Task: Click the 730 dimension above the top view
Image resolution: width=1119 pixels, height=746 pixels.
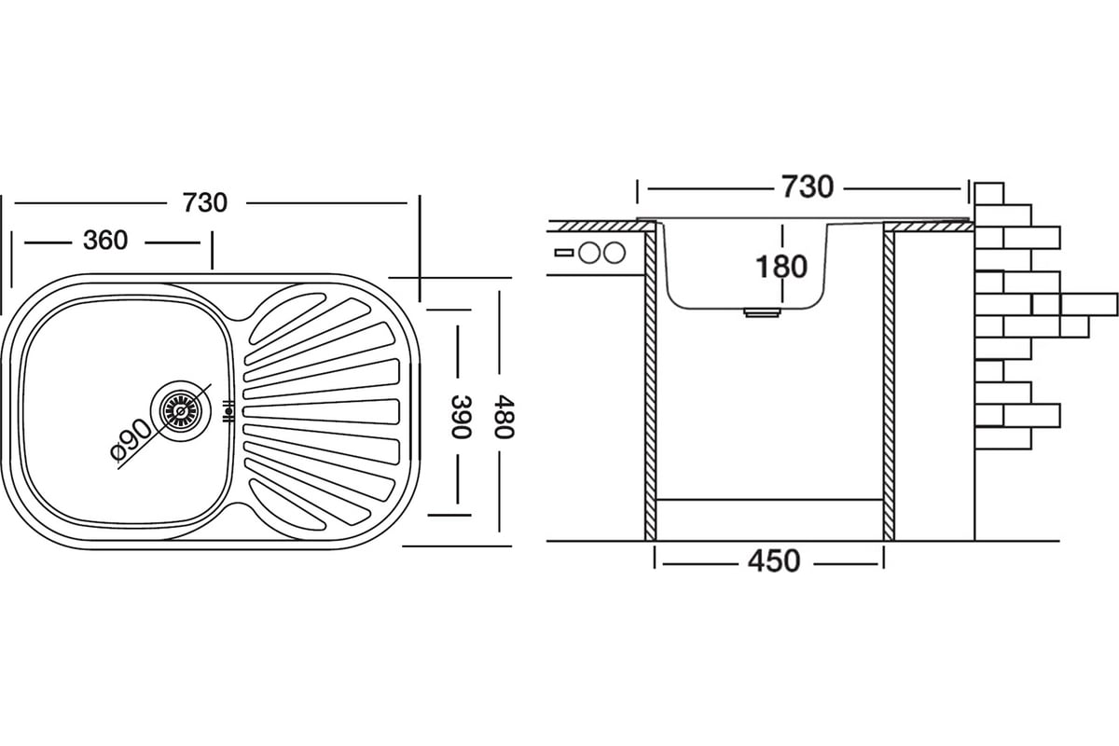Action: coord(205,202)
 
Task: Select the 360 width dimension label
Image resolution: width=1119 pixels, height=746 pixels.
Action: coord(105,241)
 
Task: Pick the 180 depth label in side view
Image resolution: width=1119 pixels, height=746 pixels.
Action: coord(781,267)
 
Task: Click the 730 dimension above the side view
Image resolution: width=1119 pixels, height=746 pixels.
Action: coord(807,187)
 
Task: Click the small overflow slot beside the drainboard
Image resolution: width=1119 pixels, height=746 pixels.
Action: coord(227,410)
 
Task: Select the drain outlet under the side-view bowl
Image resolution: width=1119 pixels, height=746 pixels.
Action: coord(762,314)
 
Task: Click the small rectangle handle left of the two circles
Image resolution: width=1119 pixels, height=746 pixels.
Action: coord(564,252)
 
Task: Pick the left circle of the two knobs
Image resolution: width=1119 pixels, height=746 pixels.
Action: coord(589,252)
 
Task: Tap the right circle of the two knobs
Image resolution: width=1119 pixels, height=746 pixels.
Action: coord(614,252)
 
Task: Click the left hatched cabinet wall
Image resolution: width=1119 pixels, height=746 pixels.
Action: coord(651,382)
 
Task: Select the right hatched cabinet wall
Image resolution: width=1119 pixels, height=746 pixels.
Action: coord(889,382)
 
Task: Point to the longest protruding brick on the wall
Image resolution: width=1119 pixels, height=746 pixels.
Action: coord(1088,304)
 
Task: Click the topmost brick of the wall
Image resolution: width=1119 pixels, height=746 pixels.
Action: coord(988,192)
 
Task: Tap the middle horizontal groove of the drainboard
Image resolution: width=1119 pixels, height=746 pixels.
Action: coord(322,410)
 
